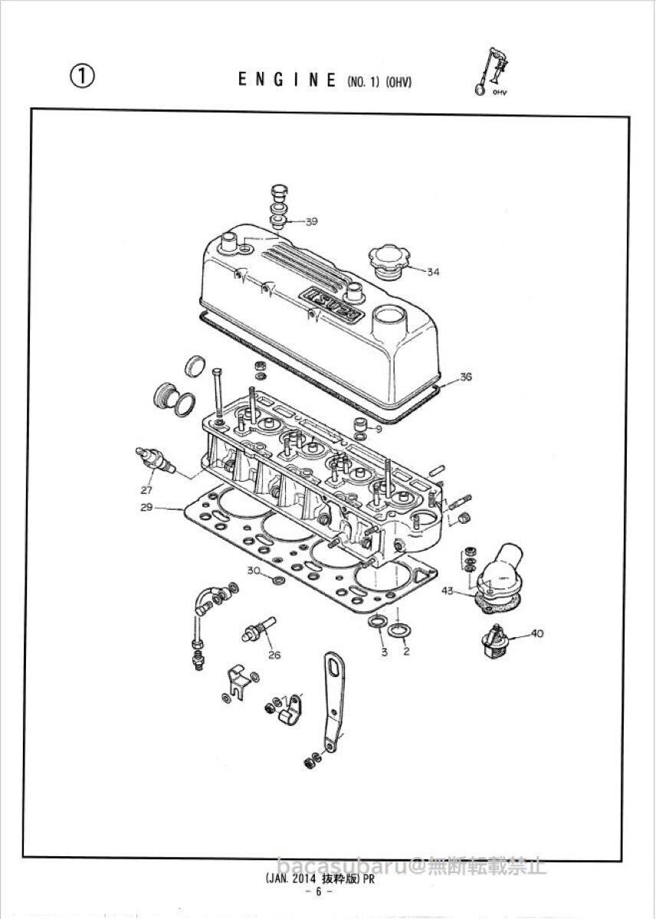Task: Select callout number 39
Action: click(310, 221)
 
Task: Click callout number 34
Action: click(434, 272)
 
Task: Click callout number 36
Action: click(466, 377)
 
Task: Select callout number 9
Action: click(379, 428)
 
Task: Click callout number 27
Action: click(147, 489)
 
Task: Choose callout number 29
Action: click(147, 507)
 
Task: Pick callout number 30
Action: click(254, 571)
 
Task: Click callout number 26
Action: click(274, 654)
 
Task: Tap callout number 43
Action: click(448, 590)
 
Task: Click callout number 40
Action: click(536, 633)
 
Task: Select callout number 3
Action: click(384, 652)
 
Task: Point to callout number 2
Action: click(406, 652)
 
